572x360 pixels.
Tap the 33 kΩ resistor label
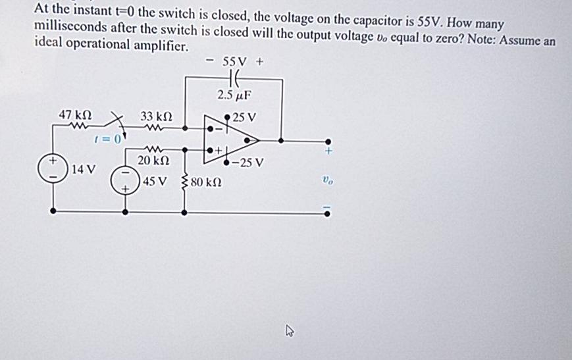tap(157, 115)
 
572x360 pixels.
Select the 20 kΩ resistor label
tap(153, 160)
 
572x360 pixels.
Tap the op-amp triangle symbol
tap(230, 140)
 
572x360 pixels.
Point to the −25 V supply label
tap(247, 162)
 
